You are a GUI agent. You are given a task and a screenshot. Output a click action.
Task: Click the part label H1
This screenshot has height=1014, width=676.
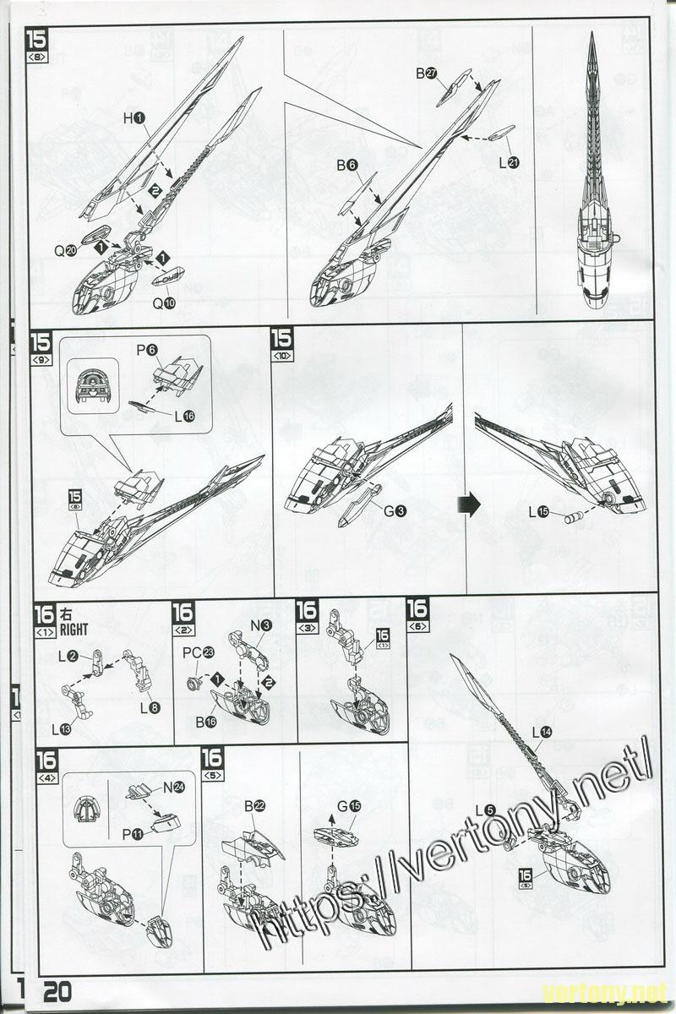[x=134, y=120]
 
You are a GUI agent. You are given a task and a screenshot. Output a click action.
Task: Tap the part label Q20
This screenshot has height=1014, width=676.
[x=66, y=250]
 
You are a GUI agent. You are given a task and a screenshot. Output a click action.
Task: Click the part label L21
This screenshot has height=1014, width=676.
[x=509, y=161]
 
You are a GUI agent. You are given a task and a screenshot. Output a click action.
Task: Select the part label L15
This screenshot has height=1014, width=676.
[x=539, y=511]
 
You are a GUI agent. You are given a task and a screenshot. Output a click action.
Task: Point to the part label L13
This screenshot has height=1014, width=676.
[x=62, y=728]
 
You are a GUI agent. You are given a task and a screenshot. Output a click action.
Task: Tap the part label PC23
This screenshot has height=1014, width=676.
[x=199, y=652]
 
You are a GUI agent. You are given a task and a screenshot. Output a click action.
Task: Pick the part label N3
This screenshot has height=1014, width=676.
[x=261, y=626]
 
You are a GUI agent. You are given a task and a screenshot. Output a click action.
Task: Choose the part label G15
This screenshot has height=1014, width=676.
[x=348, y=804]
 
